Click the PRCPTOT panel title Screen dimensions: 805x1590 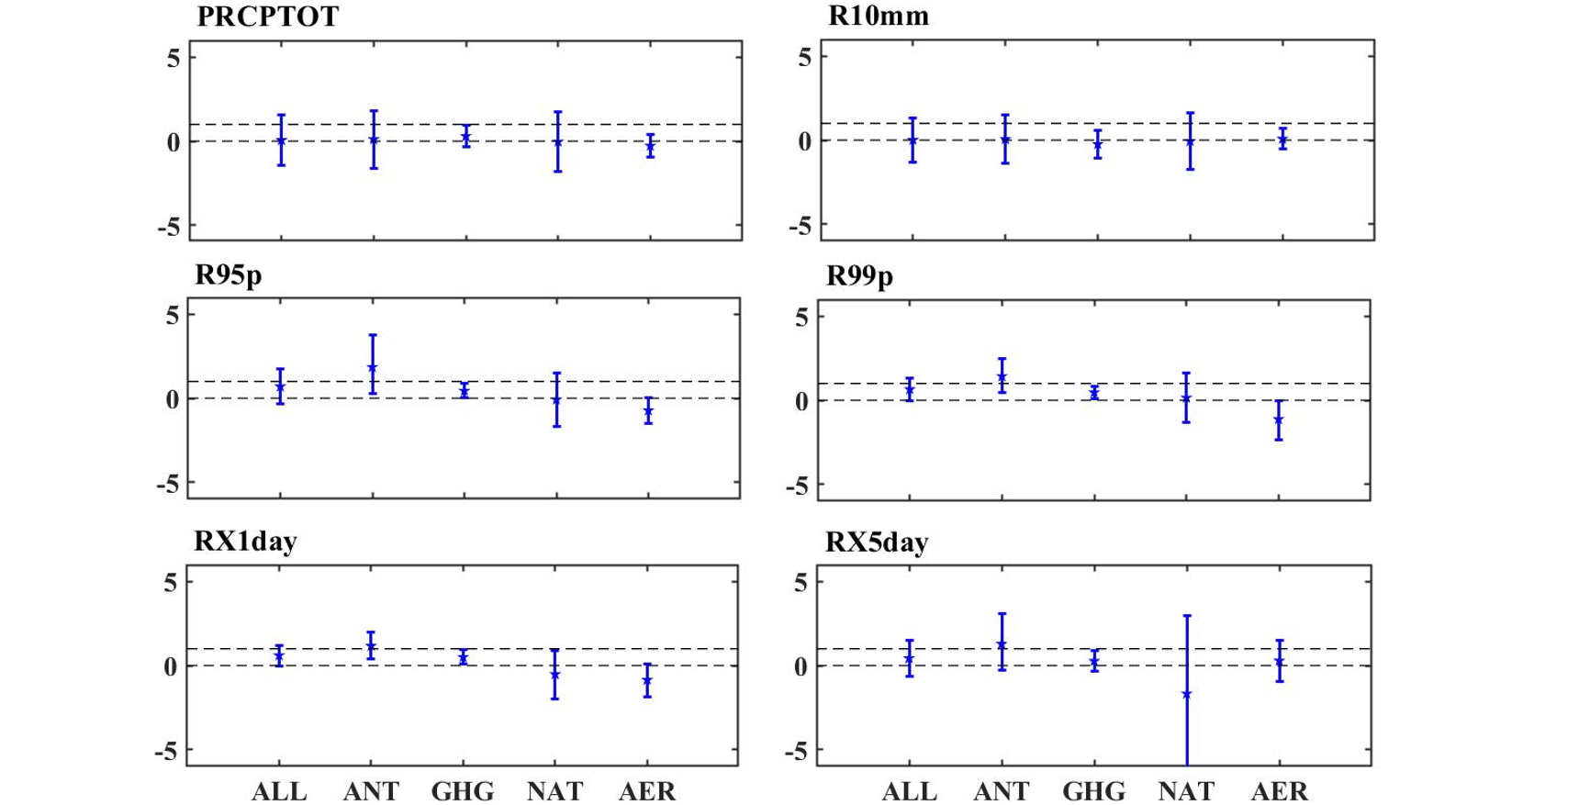[x=267, y=17]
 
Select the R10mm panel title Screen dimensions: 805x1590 [x=878, y=17]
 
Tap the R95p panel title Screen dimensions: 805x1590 [x=229, y=274]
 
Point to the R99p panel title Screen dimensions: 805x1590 [x=859, y=275]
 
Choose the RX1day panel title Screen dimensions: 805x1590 [x=245, y=541]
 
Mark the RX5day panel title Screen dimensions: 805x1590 [x=877, y=542]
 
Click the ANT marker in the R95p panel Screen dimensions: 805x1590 [x=373, y=367]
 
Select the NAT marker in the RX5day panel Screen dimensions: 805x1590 [x=1187, y=695]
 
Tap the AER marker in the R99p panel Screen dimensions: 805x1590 [x=1279, y=420]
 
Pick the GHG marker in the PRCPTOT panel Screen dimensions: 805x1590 [x=465, y=137]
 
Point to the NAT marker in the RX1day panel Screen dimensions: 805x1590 [x=555, y=675]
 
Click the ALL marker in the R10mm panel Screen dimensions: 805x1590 [x=913, y=140]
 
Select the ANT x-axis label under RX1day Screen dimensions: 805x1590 [x=371, y=791]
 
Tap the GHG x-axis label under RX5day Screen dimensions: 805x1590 [x=1093, y=791]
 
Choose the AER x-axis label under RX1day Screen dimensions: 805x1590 [x=647, y=791]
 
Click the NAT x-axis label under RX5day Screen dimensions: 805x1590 [x=1186, y=791]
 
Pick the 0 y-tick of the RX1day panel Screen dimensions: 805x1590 [x=171, y=666]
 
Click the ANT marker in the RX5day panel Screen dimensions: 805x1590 [x=1002, y=645]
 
